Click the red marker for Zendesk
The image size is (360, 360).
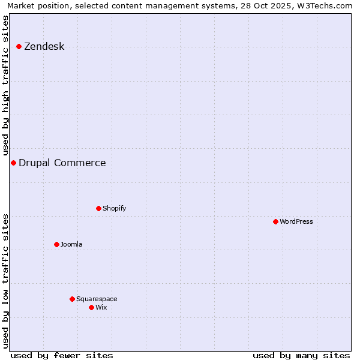(19, 46)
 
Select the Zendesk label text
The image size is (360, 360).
(44, 47)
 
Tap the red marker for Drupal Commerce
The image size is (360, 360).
(13, 163)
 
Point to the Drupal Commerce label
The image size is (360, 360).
(62, 163)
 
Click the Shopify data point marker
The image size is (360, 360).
(98, 208)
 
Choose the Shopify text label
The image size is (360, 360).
(114, 208)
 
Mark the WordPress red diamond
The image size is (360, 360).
(275, 221)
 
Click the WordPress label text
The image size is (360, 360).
(296, 221)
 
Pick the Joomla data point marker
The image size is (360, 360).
(56, 244)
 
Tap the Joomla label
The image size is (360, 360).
(71, 244)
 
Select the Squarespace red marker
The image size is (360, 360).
(72, 299)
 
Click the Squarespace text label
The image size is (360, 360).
(97, 299)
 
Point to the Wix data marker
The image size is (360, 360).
(91, 307)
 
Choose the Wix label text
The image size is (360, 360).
(101, 307)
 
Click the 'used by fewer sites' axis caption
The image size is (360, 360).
(62, 355)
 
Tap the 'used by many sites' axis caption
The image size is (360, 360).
(301, 355)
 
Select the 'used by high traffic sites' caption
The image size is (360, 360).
(6, 85)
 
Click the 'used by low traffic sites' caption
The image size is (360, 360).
(6, 281)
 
